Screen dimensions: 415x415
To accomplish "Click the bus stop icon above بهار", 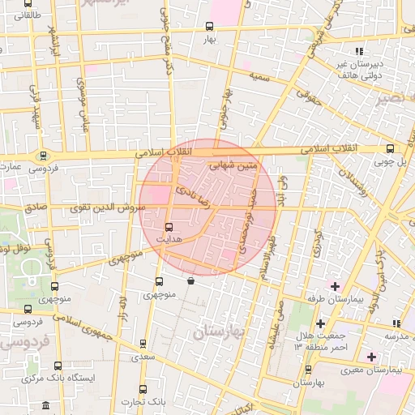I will point(211,26).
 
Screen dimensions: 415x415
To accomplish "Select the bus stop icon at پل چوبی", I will point(391,148).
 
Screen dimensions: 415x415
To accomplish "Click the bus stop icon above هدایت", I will point(169,228).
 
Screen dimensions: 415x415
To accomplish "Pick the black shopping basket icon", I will point(190,281).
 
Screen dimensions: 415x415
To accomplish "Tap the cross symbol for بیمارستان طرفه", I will point(334,286).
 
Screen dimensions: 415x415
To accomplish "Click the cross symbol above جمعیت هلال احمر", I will point(321,323).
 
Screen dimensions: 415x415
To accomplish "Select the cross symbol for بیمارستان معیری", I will point(371,357).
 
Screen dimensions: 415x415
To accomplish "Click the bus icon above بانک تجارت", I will point(143,389).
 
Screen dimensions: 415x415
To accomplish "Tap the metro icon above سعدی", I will point(143,344).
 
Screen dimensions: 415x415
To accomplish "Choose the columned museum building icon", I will point(45,404).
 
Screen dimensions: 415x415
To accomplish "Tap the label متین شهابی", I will point(233,165).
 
